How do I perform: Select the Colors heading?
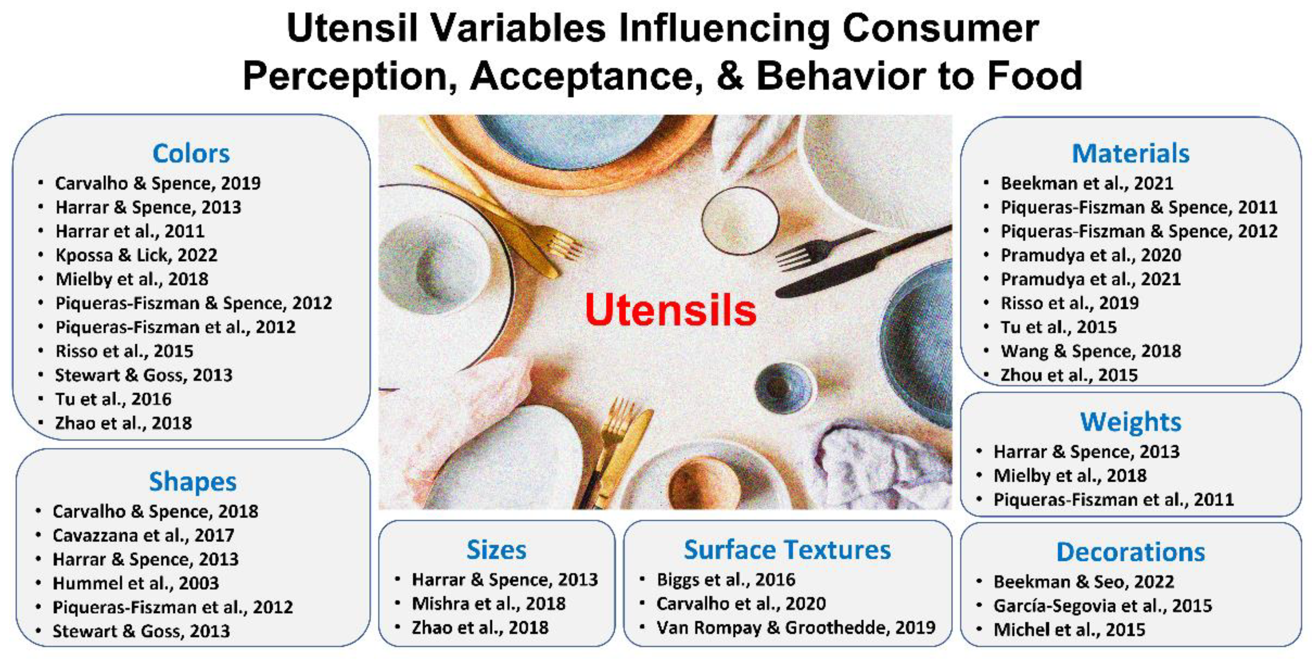tap(191, 153)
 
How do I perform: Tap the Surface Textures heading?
tap(787, 550)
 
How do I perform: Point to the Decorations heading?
tap(1130, 552)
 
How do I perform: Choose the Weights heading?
tap(1130, 422)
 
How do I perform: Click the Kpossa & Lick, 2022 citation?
tap(136, 255)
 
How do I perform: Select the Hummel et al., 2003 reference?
tap(136, 583)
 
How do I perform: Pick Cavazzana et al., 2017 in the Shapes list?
tap(143, 535)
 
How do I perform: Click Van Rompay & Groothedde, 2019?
tap(796, 628)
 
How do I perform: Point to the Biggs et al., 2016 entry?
tap(726, 579)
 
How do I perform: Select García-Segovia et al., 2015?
tap(1103, 606)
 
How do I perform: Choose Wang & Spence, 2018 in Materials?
tap(1091, 351)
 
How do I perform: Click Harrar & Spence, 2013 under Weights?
tap(1087, 452)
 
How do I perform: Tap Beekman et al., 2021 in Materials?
tap(1087, 183)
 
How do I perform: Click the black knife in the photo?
tap(864, 262)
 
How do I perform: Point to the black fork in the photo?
tap(822, 248)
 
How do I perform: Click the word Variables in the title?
tap(519, 28)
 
